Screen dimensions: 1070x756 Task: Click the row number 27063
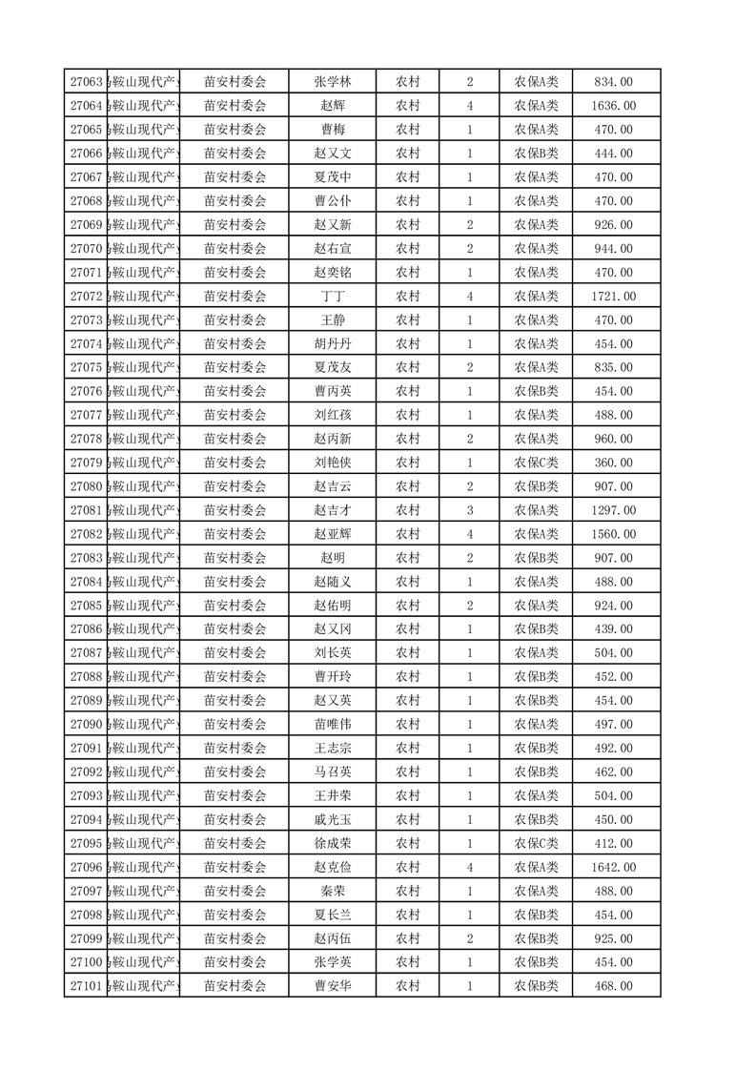click(86, 82)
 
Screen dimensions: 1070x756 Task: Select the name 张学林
click(332, 82)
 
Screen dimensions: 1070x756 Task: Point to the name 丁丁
click(332, 297)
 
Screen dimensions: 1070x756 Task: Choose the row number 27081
click(86, 510)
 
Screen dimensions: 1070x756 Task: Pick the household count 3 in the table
click(471, 510)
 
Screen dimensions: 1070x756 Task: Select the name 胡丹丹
click(332, 344)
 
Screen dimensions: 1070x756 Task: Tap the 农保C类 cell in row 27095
click(537, 843)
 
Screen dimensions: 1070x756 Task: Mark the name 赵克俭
click(332, 867)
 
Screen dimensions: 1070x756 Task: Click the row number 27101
click(86, 986)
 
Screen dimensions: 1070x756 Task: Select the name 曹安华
click(332, 986)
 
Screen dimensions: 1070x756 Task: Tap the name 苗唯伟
click(332, 725)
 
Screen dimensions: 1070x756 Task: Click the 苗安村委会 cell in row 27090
click(235, 725)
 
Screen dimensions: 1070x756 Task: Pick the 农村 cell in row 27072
click(408, 297)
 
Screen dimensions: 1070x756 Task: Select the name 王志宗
click(332, 749)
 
